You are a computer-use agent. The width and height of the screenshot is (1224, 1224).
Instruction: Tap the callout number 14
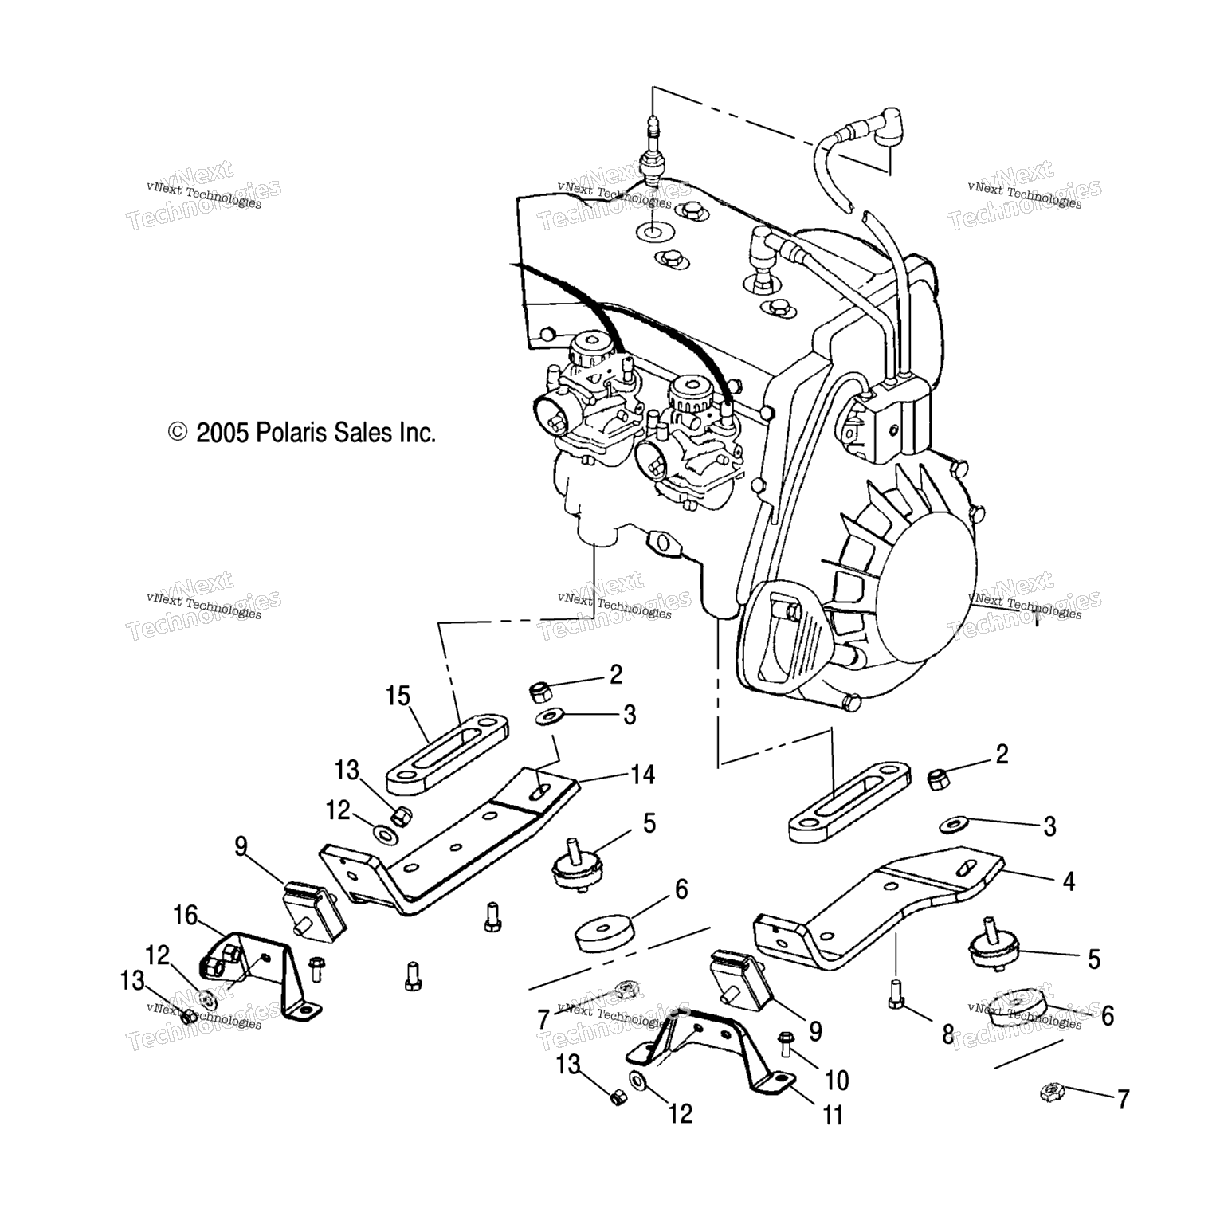click(x=642, y=774)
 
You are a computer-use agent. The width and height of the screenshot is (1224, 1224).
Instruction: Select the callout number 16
click(x=185, y=916)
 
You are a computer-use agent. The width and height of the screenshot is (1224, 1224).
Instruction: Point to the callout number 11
click(x=833, y=1116)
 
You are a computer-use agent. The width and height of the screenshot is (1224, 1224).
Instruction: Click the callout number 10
click(x=837, y=1081)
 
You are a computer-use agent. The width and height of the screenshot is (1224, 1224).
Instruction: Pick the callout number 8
click(x=947, y=1035)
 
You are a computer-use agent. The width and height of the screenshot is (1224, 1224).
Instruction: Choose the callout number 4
click(x=1069, y=881)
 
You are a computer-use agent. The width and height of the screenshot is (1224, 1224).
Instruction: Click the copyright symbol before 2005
click(x=178, y=433)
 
